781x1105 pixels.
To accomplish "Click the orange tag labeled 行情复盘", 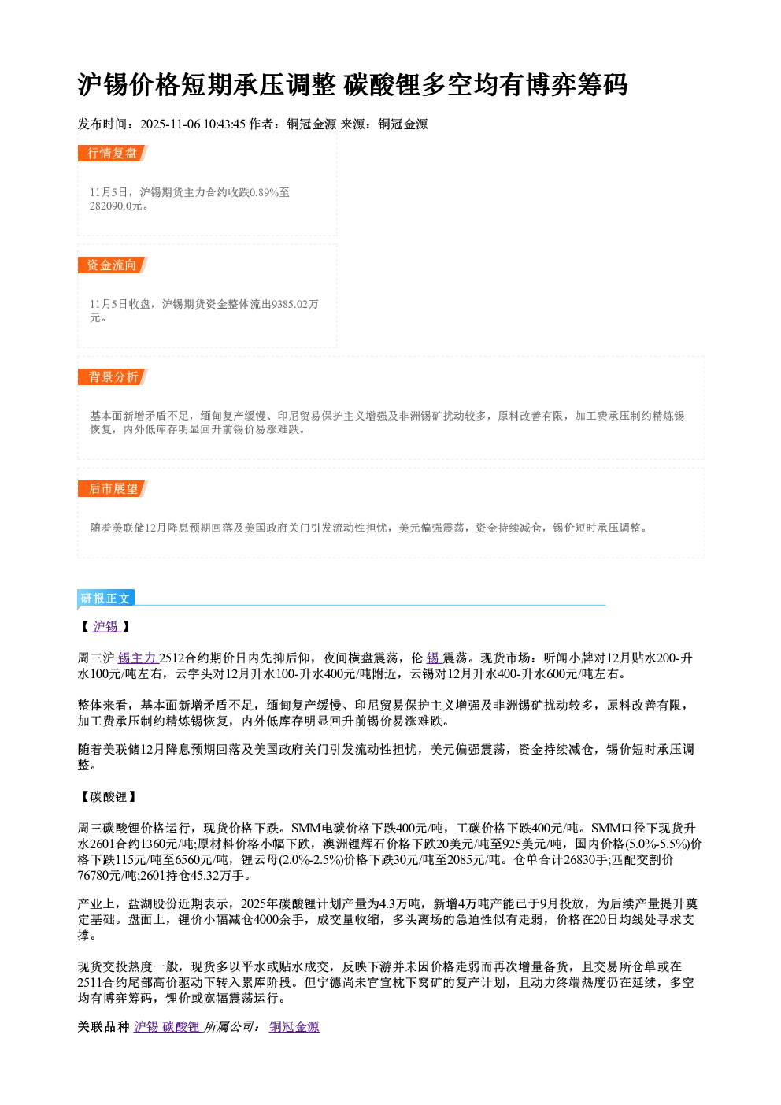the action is [113, 153].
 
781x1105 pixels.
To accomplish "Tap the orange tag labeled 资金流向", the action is [113, 265].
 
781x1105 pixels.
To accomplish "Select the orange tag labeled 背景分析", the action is [113, 377].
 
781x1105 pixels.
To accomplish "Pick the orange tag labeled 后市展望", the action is [113, 489].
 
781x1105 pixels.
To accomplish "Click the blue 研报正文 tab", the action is [105, 599].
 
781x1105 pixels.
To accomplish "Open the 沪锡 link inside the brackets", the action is [106, 626].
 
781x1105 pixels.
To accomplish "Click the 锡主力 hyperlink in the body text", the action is [138, 658].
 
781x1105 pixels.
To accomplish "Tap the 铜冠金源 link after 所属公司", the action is [294, 1027].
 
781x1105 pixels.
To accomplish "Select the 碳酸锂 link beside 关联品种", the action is [181, 1027].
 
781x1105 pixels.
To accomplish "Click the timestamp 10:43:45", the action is [224, 124].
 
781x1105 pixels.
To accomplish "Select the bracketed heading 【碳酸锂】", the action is [107, 797].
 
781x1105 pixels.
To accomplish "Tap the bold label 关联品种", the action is [103, 1027].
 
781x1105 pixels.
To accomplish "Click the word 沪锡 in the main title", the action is [103, 84].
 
